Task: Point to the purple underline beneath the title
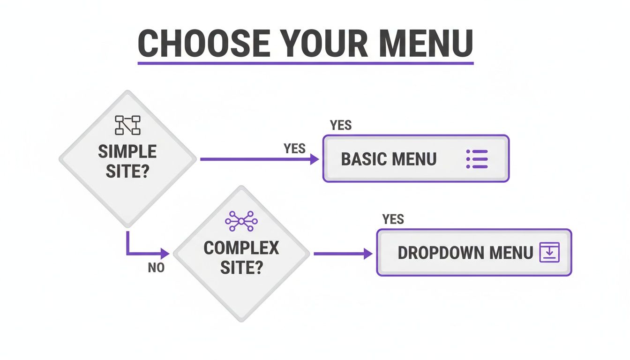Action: (x=305, y=62)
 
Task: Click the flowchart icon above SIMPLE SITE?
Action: (x=127, y=125)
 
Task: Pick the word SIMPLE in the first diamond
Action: (x=127, y=151)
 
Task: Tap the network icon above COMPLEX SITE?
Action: (x=241, y=221)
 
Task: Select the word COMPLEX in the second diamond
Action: (x=241, y=247)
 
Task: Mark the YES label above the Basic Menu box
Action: (x=341, y=125)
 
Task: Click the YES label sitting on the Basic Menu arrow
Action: (x=294, y=149)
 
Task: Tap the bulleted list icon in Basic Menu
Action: (x=477, y=159)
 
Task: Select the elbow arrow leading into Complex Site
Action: (x=136, y=254)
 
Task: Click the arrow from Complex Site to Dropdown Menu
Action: (x=343, y=254)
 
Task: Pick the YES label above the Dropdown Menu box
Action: (x=393, y=219)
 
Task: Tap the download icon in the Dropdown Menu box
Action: (x=550, y=253)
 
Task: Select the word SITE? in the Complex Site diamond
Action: (x=241, y=268)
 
